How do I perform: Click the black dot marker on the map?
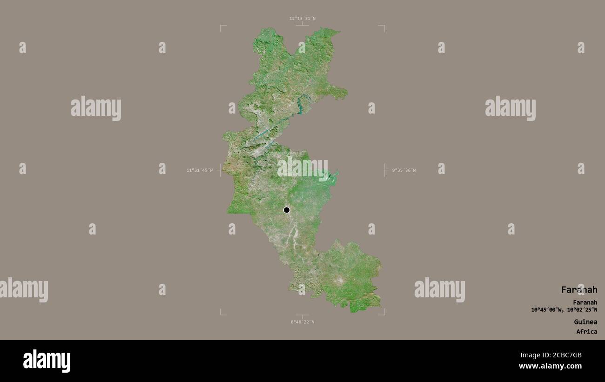pos(287,210)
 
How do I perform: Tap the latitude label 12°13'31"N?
pos(302,19)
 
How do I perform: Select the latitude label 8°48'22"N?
pos(302,322)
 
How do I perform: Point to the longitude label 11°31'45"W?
pos(200,170)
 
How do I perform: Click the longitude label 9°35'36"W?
pos(404,170)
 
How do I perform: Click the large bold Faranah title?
pos(579,290)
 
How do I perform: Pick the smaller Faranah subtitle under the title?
pos(585,302)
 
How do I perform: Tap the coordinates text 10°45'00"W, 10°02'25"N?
pos(564,310)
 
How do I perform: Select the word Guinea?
pos(585,322)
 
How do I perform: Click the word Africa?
pos(586,332)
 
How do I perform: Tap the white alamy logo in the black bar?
pos(47,361)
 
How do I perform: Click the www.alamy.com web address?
pos(550,367)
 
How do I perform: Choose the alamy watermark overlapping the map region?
pos(302,168)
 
